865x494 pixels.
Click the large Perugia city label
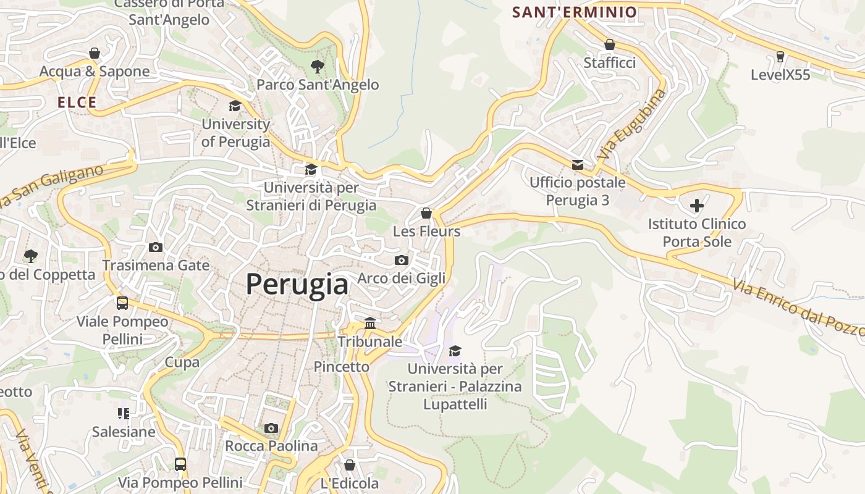[297, 285]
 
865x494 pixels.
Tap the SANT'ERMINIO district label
[575, 12]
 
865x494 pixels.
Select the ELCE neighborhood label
[77, 103]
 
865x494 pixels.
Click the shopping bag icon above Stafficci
[609, 45]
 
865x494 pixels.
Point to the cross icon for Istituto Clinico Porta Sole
[697, 205]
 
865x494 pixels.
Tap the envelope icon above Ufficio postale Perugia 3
[578, 165]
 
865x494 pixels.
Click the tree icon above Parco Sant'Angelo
[318, 66]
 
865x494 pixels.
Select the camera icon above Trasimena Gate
[156, 248]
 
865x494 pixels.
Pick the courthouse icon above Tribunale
[370, 323]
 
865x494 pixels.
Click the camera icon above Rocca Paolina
[271, 428]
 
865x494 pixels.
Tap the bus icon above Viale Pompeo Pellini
[122, 303]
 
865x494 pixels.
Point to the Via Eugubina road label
[632, 124]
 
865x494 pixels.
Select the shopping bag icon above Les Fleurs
[426, 214]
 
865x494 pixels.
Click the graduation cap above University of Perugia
[235, 106]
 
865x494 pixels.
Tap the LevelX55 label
[780, 75]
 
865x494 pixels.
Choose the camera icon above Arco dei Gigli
[402, 261]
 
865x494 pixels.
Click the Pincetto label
[341, 367]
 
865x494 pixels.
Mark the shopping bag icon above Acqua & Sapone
[95, 54]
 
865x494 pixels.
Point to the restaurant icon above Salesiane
[123, 414]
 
